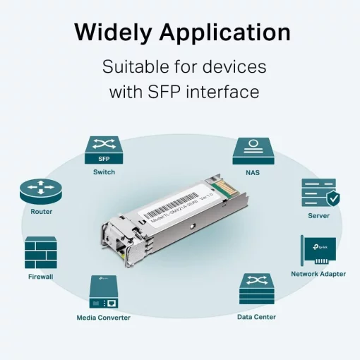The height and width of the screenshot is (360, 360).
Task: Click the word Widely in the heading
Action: point(114,33)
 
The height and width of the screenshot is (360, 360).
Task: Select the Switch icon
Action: point(104,150)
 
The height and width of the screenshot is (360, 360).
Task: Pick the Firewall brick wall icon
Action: point(40,252)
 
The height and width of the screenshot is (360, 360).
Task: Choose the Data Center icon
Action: point(256,289)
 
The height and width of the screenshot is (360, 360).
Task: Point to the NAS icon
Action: point(253,150)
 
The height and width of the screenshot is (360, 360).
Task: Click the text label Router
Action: point(41,212)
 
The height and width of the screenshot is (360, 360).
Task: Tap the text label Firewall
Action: point(40,277)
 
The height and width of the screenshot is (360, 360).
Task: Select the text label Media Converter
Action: point(103,318)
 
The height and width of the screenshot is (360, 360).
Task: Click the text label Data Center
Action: point(256,318)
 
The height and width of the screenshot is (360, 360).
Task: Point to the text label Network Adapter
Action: point(318,274)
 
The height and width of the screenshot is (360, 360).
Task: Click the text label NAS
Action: point(253,172)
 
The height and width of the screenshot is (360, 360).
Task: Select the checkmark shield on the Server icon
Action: point(332,199)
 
